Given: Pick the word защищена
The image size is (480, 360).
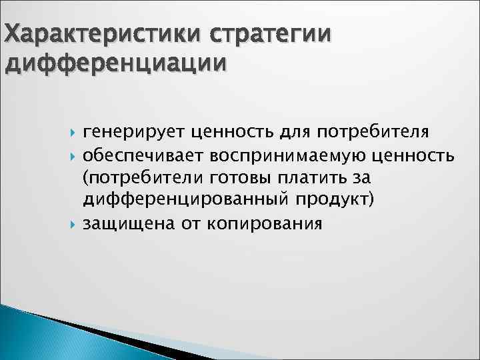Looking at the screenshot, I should point(127,223).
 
